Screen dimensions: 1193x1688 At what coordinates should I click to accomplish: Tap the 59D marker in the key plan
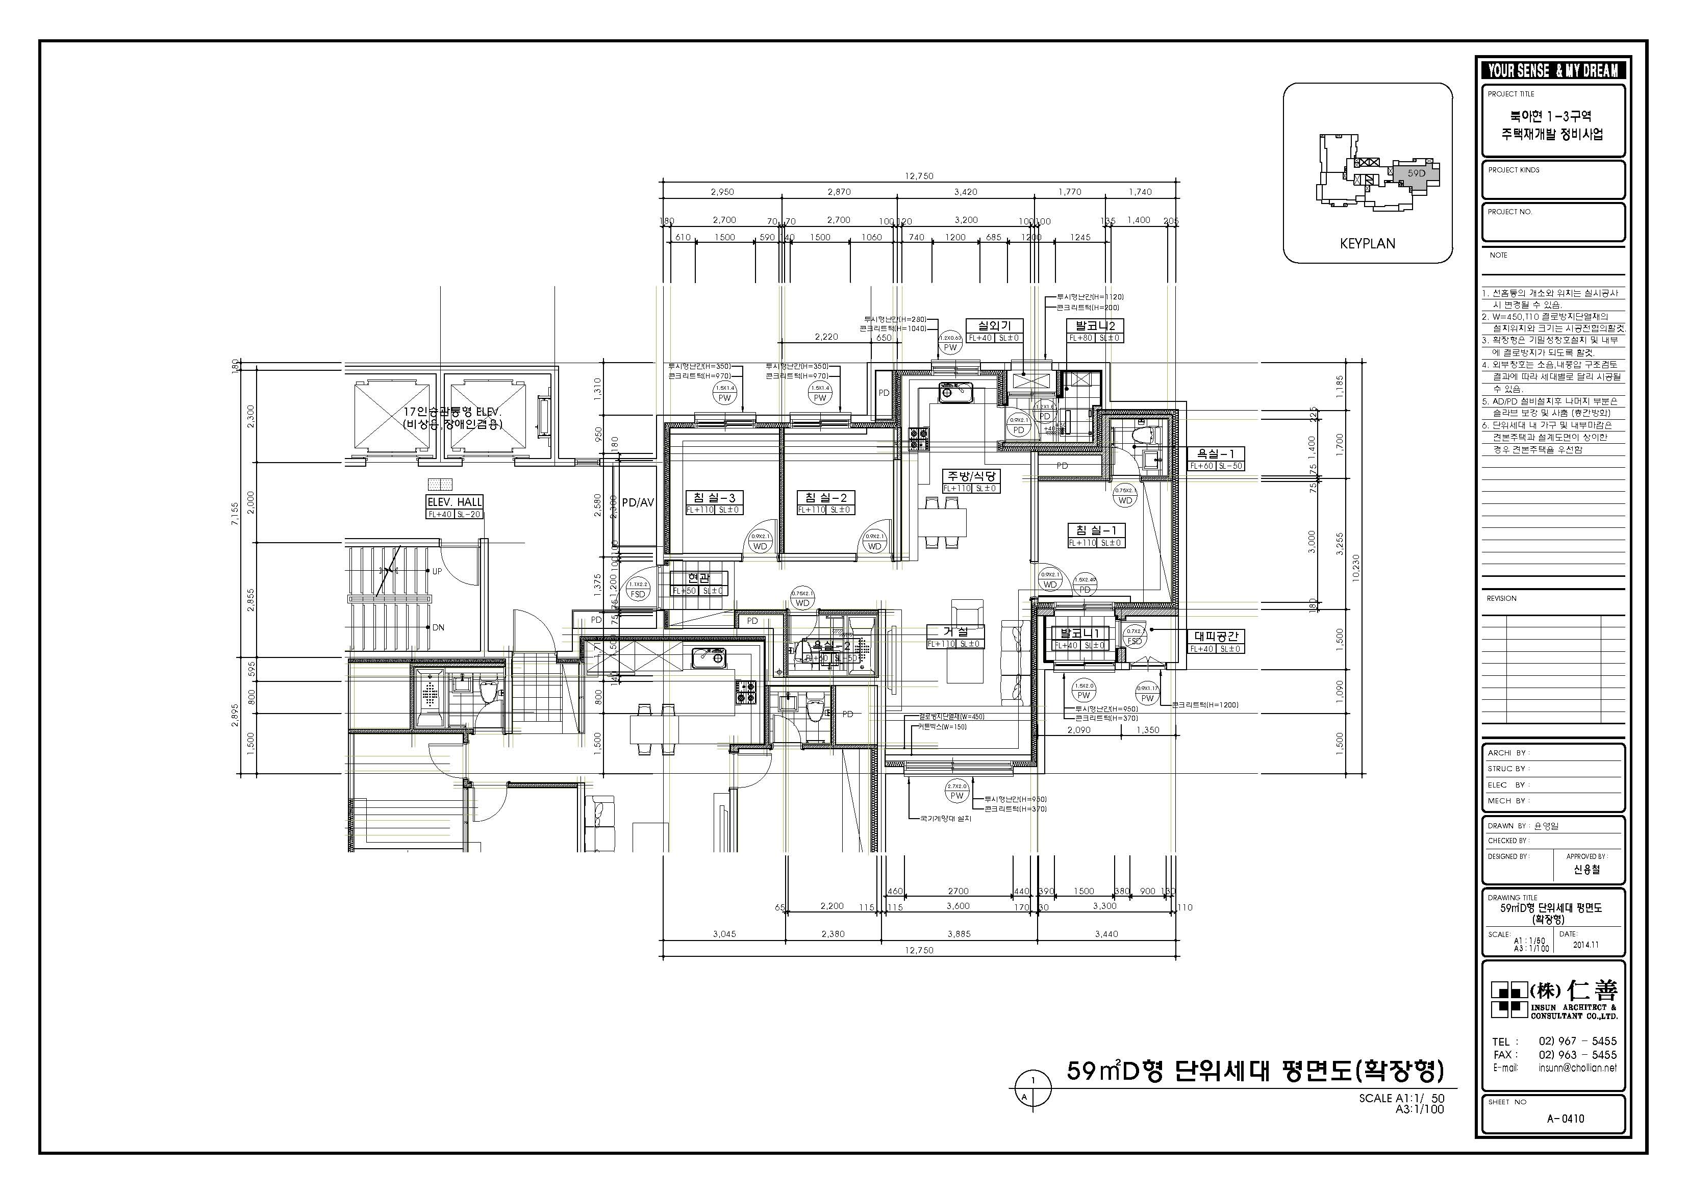[x=1416, y=173]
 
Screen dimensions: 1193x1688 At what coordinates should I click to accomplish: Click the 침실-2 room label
[x=824, y=498]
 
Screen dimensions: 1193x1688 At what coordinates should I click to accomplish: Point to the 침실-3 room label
[x=710, y=498]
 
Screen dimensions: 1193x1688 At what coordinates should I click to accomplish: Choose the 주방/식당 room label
[x=970, y=476]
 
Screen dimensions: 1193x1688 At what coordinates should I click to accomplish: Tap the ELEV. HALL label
[x=455, y=502]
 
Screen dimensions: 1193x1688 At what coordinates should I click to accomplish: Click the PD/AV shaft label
[x=638, y=503]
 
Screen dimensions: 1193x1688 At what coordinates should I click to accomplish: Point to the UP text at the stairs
[x=437, y=571]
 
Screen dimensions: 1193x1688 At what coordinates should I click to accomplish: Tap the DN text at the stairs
[x=438, y=628]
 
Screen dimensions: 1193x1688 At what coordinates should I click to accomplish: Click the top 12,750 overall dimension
[x=919, y=175]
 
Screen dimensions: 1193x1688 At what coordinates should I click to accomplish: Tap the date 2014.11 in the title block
[x=1586, y=945]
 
